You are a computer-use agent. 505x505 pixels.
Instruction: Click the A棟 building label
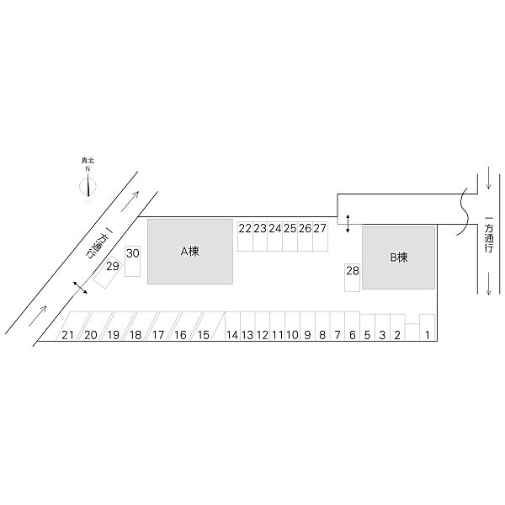pyautogui.click(x=189, y=251)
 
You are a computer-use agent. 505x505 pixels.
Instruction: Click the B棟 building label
pyautogui.click(x=399, y=258)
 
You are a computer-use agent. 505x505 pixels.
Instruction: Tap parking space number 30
pyautogui.click(x=133, y=261)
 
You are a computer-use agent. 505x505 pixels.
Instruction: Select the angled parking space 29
pyautogui.click(x=109, y=272)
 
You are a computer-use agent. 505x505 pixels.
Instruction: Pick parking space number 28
pyautogui.click(x=353, y=278)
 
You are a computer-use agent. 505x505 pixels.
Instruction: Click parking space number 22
pyautogui.click(x=246, y=237)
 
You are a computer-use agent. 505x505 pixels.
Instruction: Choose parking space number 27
pyautogui.click(x=321, y=237)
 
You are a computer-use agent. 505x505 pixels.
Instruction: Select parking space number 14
pyautogui.click(x=232, y=326)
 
